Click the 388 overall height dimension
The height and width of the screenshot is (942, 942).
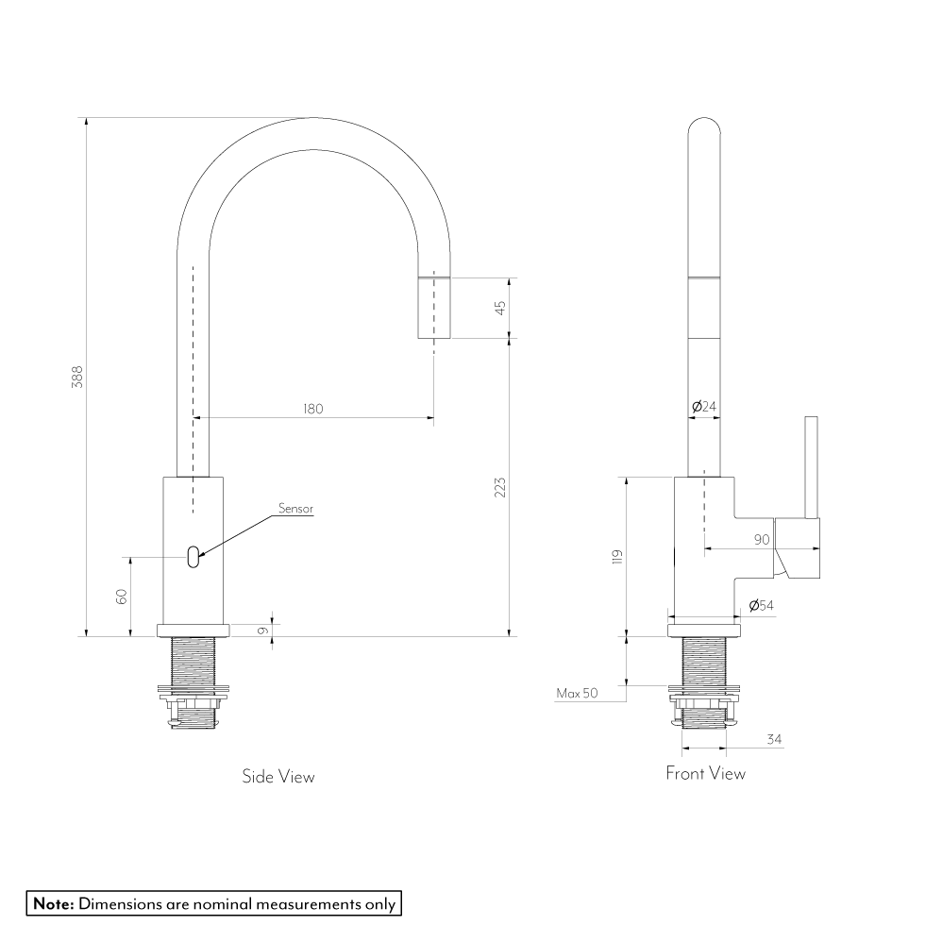pyautogui.click(x=77, y=377)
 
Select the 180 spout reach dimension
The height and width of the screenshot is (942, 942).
pyautogui.click(x=313, y=409)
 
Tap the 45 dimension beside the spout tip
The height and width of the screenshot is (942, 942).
pyautogui.click(x=500, y=308)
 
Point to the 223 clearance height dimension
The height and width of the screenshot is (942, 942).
pyautogui.click(x=500, y=487)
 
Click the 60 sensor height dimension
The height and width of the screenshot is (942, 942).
pyautogui.click(x=122, y=596)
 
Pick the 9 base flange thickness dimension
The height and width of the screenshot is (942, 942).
pyautogui.click(x=262, y=631)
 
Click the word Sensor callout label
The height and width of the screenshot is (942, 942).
pyautogui.click(x=295, y=509)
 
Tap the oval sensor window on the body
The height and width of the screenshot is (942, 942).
pyautogui.click(x=193, y=557)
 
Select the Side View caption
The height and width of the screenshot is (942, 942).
pyautogui.click(x=278, y=776)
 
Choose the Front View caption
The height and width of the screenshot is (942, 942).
pyautogui.click(x=705, y=773)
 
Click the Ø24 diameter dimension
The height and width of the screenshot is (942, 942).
pyautogui.click(x=704, y=407)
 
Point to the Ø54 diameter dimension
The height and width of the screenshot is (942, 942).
pyautogui.click(x=761, y=606)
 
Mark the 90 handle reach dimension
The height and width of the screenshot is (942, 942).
pyautogui.click(x=762, y=540)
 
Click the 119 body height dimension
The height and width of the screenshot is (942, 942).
pyautogui.click(x=617, y=557)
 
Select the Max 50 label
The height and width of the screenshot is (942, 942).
pyautogui.click(x=577, y=693)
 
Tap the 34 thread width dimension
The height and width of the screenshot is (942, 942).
pyautogui.click(x=774, y=740)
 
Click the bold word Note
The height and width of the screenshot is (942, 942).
pyautogui.click(x=54, y=903)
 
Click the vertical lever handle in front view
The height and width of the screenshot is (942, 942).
pyautogui.click(x=811, y=467)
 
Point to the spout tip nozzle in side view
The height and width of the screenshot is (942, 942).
pyautogui.click(x=434, y=309)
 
